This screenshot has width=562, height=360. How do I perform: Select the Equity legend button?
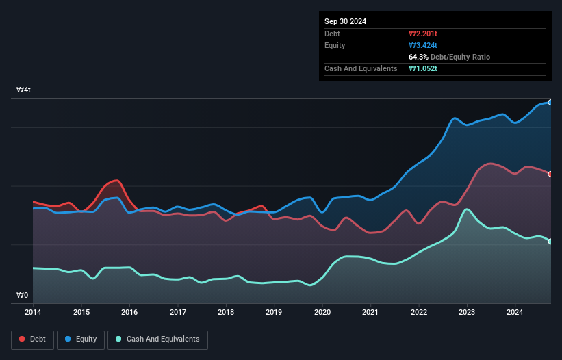point(81,339)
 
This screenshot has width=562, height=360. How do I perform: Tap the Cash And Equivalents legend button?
point(157,339)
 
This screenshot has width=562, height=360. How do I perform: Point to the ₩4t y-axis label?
point(23,90)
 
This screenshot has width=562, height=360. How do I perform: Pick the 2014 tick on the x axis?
point(32,312)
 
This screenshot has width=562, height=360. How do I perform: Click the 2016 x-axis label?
point(129,312)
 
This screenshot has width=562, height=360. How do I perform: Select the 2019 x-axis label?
point(274,312)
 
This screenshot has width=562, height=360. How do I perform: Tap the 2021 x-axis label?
point(370,312)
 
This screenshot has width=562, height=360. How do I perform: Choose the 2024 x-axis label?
point(515,312)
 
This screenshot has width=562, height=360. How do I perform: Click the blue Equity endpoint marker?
point(550,103)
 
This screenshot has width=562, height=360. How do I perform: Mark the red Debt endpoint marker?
point(550,174)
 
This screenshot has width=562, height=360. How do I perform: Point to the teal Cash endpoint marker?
point(550,242)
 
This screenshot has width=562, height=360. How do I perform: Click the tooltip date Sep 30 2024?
point(346,21)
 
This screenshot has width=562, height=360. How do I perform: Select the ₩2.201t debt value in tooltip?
point(423,34)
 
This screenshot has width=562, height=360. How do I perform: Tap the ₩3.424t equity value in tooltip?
point(423,45)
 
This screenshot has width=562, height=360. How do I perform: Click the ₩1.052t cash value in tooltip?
point(423,68)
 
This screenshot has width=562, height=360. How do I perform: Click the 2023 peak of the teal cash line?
point(467,209)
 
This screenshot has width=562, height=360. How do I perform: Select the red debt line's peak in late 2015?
point(117,181)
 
